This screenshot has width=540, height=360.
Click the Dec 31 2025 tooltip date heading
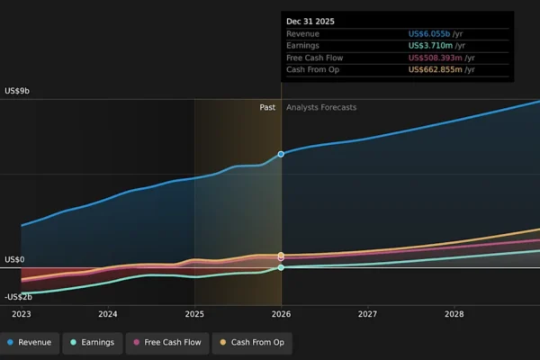pyautogui.click(x=310, y=21)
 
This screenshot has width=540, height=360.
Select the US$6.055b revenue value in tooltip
pyautogui.click(x=442, y=34)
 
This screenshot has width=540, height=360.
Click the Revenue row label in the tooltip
pyautogui.click(x=302, y=34)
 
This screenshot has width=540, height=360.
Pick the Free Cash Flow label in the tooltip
pyautogui.click(x=314, y=58)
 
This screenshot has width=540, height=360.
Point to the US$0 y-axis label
pyautogui.click(x=14, y=260)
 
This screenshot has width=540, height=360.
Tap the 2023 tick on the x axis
pyautogui.click(x=21, y=314)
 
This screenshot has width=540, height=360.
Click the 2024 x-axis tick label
pyautogui.click(x=108, y=314)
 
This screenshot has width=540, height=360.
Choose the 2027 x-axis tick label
pyautogui.click(x=367, y=314)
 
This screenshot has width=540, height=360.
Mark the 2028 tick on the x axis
pyautogui.click(x=454, y=314)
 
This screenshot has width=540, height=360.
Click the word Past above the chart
pyautogui.click(x=267, y=107)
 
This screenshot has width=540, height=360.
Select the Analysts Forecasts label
pyautogui.click(x=321, y=107)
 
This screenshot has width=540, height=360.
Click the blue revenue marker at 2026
pyautogui.click(x=281, y=154)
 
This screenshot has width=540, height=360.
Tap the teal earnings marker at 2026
pyautogui.click(x=281, y=267)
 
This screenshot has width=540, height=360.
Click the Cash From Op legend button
pyautogui.click(x=251, y=342)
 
